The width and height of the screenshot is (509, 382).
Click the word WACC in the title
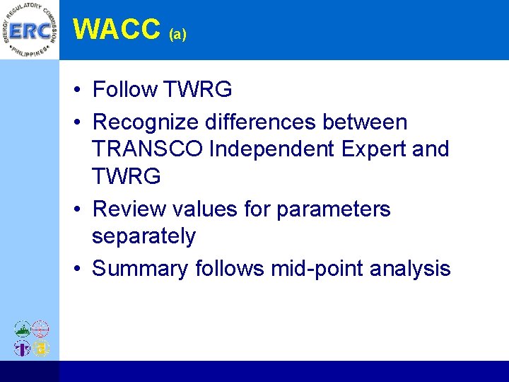click(x=117, y=29)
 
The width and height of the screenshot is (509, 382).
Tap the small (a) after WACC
click(x=177, y=34)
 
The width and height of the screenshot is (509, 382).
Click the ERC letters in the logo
click(x=29, y=30)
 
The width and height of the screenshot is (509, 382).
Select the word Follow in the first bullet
click(x=125, y=90)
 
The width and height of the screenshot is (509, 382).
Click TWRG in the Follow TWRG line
click(x=198, y=90)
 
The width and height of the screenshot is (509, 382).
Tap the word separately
click(x=144, y=236)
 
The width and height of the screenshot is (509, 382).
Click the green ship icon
click(x=23, y=329)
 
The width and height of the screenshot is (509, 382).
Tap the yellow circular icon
click(x=41, y=347)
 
